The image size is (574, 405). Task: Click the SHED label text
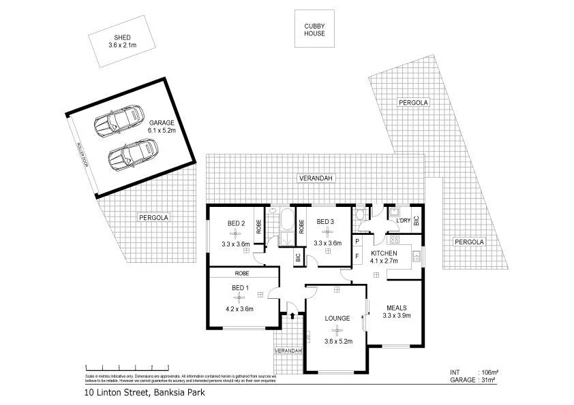tap(123, 37)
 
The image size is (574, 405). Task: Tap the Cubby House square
tap(314, 29)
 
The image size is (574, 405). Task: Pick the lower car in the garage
tap(133, 155)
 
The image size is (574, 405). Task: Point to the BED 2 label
tap(236, 224)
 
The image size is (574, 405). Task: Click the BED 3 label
tap(325, 222)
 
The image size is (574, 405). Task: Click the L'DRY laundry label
tap(403, 221)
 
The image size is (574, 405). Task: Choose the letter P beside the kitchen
tap(357, 242)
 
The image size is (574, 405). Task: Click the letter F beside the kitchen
tap(357, 257)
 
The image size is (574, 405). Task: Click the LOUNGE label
tap(337, 318)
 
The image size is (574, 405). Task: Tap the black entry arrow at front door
tap(292, 314)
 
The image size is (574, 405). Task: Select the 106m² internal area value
tap(489, 372)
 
